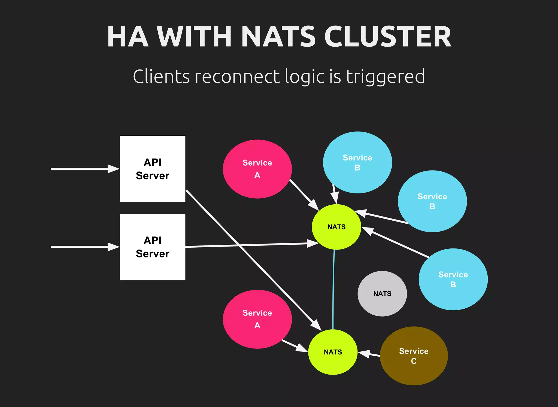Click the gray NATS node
pos(382,293)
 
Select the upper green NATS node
pos(336,227)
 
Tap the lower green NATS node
pos(333,352)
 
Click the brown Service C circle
pos(414,356)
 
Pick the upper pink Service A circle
pos(257,169)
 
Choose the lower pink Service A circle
pos(257,319)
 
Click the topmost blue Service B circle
pos(357,162)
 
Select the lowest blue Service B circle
pos(453,279)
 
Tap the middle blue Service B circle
pos(432,201)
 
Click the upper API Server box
pos(152,169)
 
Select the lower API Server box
pos(152,247)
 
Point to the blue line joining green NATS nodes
pos(333,289)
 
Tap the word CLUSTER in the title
pos(387,37)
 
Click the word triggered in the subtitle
pos(385,77)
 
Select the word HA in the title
pos(128,37)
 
